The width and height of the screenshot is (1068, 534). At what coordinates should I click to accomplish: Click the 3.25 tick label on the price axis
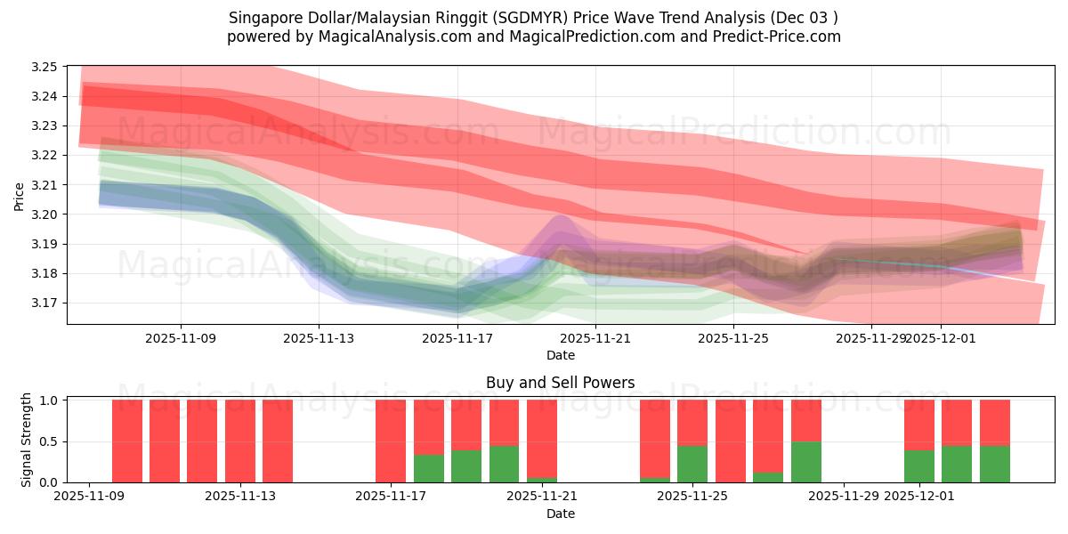click(x=44, y=67)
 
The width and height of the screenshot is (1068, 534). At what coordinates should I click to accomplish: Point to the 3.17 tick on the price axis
click(x=44, y=303)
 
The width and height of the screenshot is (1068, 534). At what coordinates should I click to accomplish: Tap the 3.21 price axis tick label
click(x=44, y=185)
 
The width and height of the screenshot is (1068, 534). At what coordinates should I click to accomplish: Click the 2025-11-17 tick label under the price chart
click(x=457, y=338)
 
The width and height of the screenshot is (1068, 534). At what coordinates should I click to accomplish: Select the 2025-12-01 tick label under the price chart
click(x=942, y=338)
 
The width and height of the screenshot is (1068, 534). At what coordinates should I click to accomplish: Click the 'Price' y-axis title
click(x=20, y=195)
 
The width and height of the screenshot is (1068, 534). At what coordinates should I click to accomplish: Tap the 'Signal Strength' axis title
click(x=27, y=440)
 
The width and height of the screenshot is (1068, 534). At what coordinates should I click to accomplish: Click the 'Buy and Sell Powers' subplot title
click(x=560, y=383)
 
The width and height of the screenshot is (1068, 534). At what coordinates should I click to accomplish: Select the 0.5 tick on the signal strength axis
click(x=49, y=441)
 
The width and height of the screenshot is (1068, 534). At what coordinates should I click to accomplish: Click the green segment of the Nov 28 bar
click(x=805, y=462)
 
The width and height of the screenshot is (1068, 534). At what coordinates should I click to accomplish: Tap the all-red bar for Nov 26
click(x=730, y=441)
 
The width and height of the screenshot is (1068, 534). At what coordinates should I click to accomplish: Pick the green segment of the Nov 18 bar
click(x=428, y=469)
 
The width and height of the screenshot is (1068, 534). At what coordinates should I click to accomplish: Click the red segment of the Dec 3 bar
click(x=994, y=423)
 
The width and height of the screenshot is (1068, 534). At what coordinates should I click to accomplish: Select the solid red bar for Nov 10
click(x=126, y=441)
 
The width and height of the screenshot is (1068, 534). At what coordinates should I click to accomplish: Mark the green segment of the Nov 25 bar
click(x=692, y=464)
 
